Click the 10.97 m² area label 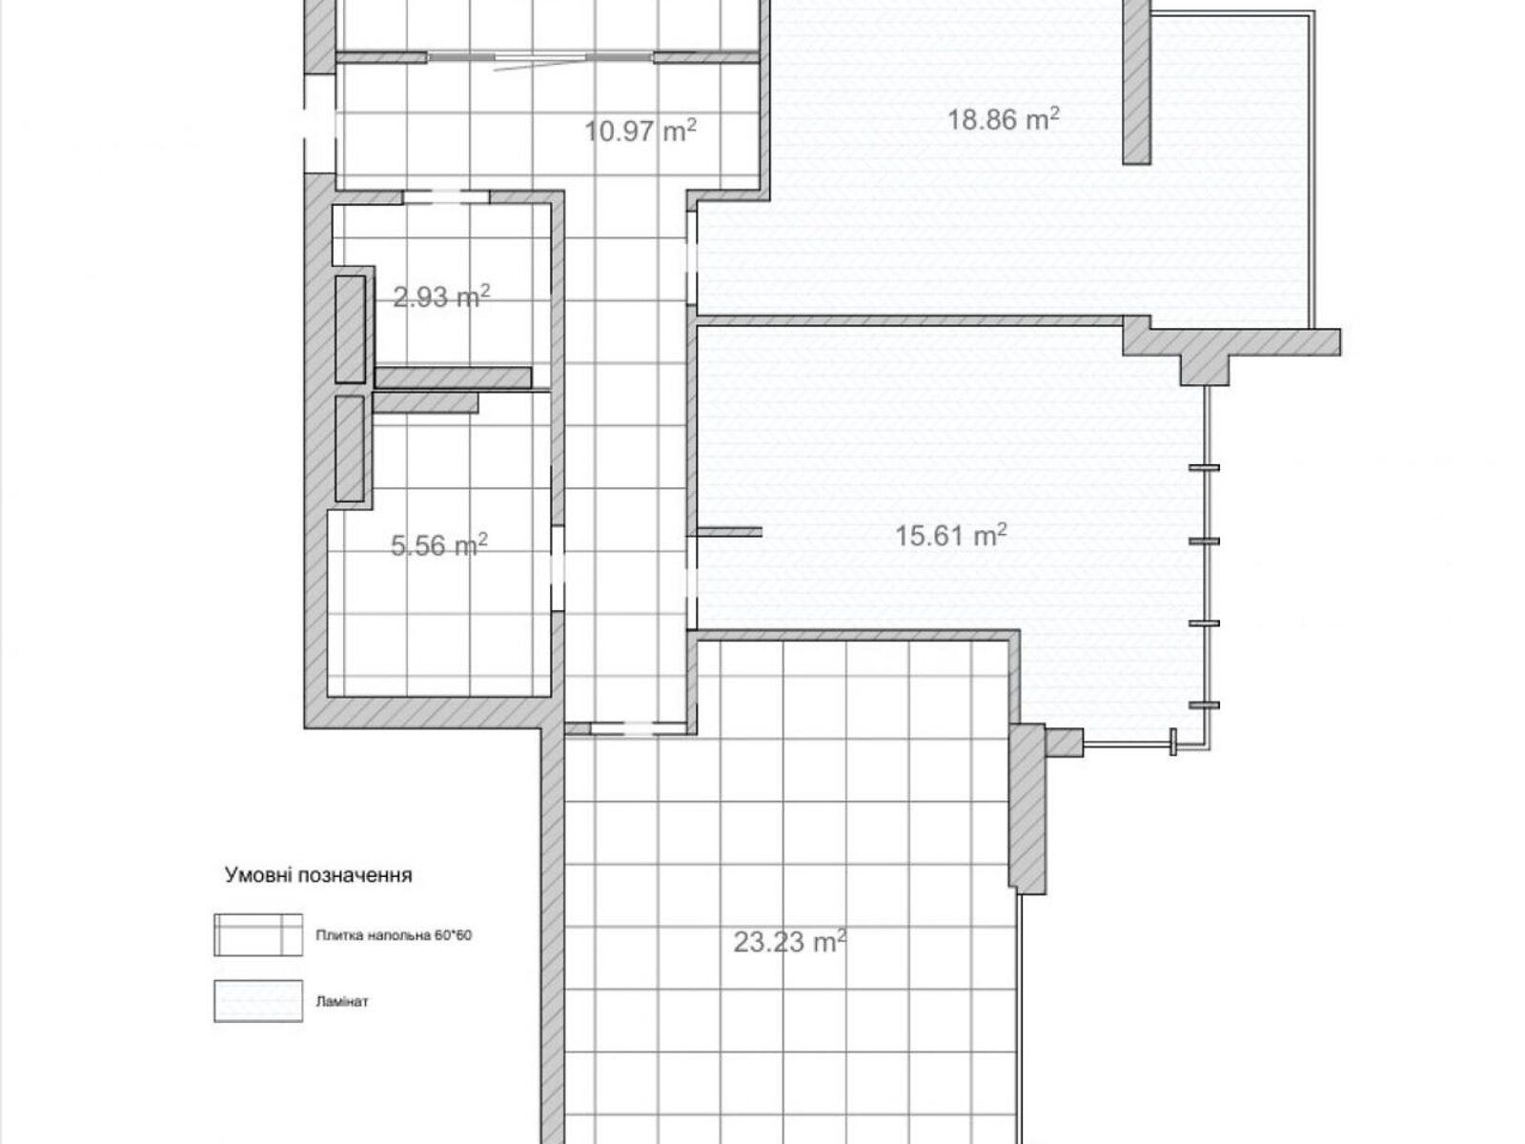tap(640, 130)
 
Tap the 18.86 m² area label tap(1004, 119)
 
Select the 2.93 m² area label tap(442, 296)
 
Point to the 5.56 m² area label tap(439, 544)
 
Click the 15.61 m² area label tap(950, 535)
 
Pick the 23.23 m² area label tap(790, 942)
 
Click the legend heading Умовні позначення tap(318, 875)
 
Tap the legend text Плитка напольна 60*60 tap(394, 935)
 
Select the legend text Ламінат tap(342, 1002)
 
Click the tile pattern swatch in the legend tap(258, 935)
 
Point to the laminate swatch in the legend tap(258, 1001)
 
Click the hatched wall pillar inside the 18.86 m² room tap(1137, 82)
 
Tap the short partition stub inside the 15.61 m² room tap(729, 532)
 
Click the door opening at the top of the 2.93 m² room tap(446, 196)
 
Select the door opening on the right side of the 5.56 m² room tap(558, 568)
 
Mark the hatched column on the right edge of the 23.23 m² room tap(1027, 809)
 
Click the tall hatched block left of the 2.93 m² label tap(351, 329)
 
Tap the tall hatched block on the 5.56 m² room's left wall tap(350, 449)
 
